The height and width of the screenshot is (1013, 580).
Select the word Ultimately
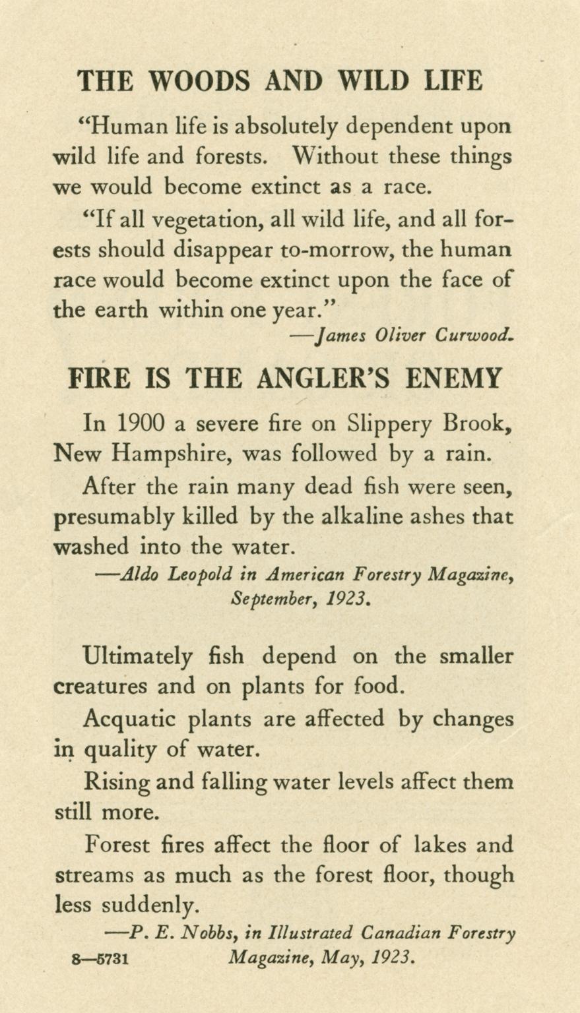[x=139, y=657]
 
